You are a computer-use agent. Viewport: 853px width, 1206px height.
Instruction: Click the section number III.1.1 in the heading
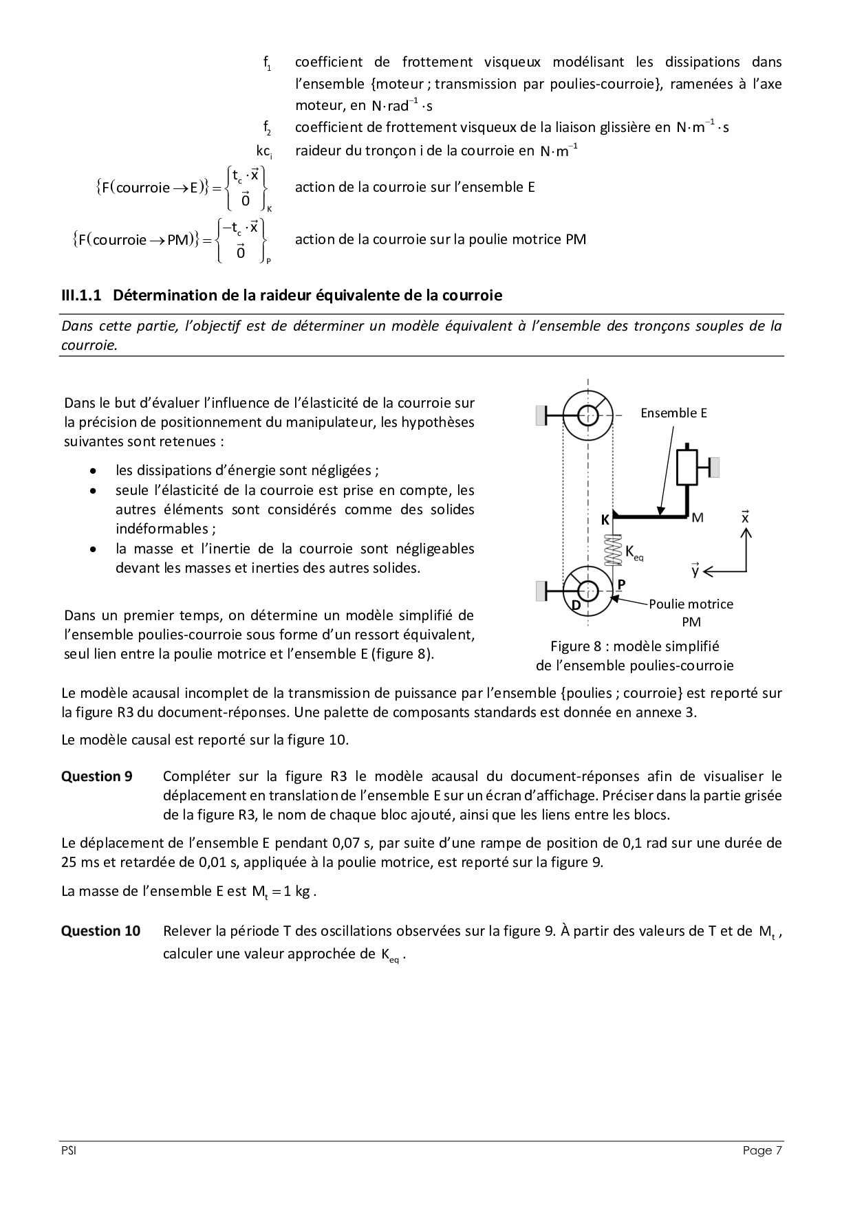[81, 296]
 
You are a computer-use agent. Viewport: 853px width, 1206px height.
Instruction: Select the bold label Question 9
[97, 776]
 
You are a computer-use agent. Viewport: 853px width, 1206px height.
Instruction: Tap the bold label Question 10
[100, 931]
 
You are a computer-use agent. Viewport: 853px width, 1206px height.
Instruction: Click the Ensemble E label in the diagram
[673, 413]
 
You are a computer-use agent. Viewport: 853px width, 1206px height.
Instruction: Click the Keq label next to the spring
[634, 552]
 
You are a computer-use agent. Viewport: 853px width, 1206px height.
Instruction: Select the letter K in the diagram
[605, 520]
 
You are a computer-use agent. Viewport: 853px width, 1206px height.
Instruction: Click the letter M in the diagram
[697, 518]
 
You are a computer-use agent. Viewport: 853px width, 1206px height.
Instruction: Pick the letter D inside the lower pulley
[576, 606]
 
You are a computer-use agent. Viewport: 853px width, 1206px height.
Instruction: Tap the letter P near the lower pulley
[621, 584]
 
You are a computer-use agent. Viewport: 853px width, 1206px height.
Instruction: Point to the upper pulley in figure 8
[588, 415]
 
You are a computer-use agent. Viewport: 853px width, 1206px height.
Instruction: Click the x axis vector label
[745, 518]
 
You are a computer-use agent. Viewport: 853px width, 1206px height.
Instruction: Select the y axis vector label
[695, 570]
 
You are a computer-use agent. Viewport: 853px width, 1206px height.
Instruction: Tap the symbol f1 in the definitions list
[267, 63]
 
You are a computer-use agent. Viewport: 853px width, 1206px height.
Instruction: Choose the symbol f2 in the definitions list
[267, 128]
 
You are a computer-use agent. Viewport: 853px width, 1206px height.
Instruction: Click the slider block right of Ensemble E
[688, 467]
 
